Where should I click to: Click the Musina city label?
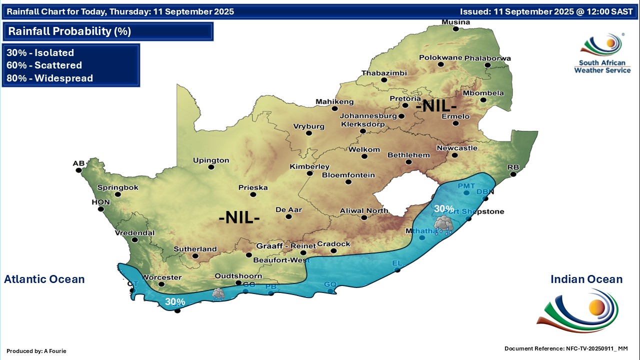point(455,22)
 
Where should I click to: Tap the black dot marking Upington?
point(211,167)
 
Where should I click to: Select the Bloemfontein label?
point(348,175)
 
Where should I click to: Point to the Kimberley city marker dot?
point(309,173)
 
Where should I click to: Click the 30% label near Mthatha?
point(444,208)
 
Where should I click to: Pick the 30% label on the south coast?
point(175,301)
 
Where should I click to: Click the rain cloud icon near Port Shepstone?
point(443,225)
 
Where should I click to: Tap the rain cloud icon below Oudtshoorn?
point(218,294)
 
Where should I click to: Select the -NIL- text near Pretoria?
point(436,106)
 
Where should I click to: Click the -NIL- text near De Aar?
point(239,218)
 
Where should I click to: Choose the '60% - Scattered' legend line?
point(44,65)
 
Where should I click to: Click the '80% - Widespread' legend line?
point(50,78)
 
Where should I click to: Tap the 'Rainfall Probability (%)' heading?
point(69,31)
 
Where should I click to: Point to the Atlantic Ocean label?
point(44,279)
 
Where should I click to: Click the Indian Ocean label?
point(586,279)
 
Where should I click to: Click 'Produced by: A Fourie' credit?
point(36,351)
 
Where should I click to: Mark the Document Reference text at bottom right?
point(565,348)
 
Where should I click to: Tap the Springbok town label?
point(117,187)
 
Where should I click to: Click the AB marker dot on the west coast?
point(78,170)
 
